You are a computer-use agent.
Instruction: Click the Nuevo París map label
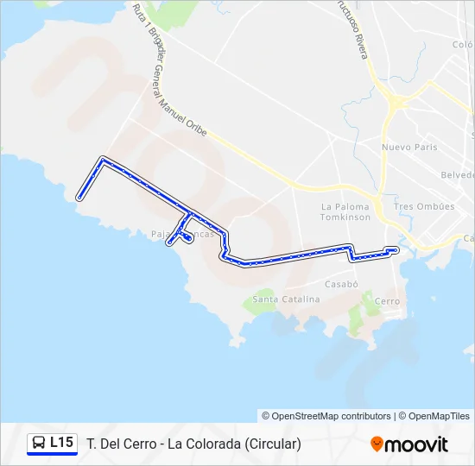(409, 147)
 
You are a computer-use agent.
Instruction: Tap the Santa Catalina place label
(286, 299)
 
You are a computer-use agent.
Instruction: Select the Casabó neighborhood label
(341, 283)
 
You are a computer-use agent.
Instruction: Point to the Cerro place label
(388, 301)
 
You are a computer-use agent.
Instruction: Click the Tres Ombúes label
(423, 207)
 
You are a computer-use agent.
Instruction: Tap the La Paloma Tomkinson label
(345, 212)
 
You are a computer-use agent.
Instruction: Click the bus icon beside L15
(39, 444)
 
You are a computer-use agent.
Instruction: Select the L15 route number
(61, 443)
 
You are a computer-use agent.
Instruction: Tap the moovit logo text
(416, 444)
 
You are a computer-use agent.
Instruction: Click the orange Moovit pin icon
(377, 444)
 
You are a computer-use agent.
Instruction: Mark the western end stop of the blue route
(79, 198)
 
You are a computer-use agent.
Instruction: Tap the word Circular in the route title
(272, 444)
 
